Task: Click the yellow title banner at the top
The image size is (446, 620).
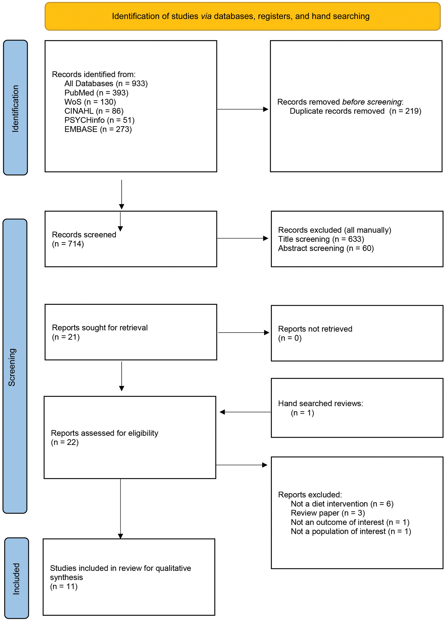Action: click(x=242, y=16)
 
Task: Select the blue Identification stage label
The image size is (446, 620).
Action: click(x=15, y=107)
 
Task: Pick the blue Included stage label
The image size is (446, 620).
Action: click(x=17, y=578)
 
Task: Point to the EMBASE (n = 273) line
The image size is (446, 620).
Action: click(x=98, y=129)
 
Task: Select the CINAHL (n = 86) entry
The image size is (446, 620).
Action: click(x=94, y=111)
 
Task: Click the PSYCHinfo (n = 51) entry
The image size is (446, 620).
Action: click(x=99, y=120)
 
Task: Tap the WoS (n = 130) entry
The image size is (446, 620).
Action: click(x=90, y=102)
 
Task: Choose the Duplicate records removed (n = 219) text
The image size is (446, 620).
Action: click(x=355, y=111)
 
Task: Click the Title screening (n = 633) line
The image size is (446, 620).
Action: click(x=321, y=239)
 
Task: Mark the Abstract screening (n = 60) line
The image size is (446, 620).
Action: click(x=326, y=248)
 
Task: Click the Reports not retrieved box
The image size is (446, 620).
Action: click(x=357, y=333)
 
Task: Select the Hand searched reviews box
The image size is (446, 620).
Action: click(x=357, y=408)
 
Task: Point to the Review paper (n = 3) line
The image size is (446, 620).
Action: click(x=328, y=513)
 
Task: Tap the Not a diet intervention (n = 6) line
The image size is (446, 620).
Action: click(x=342, y=504)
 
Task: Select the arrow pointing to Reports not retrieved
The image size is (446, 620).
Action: click(x=243, y=333)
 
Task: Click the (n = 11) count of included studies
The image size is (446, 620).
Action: click(x=64, y=587)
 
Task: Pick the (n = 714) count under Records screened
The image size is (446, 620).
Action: click(x=68, y=244)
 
